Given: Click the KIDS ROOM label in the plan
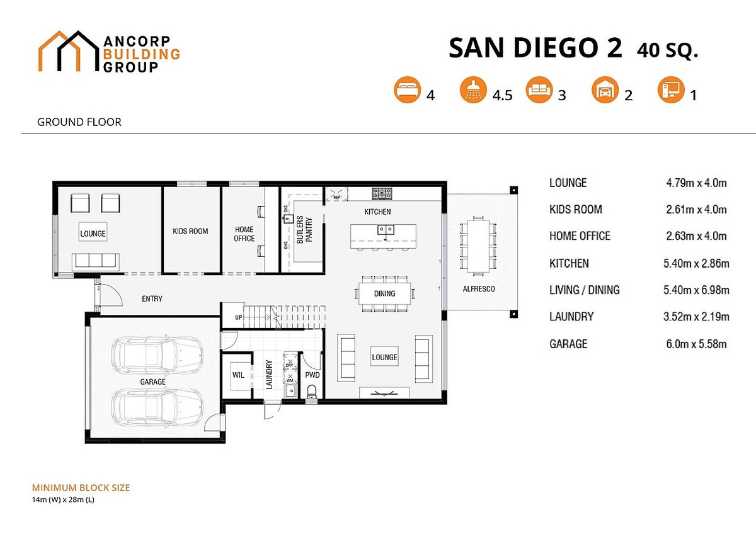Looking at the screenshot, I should click(x=190, y=231).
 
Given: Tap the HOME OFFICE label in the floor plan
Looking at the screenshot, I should click(x=244, y=234).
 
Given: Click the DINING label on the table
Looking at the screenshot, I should click(x=384, y=293).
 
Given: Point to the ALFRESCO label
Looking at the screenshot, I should click(x=479, y=288).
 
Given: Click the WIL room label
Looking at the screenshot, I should click(x=238, y=375).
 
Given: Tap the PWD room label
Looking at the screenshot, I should click(x=312, y=375).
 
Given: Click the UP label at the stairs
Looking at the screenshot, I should click(x=238, y=317).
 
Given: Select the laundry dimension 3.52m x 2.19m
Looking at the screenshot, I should click(x=697, y=317).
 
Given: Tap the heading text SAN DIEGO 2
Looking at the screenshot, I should click(x=535, y=48).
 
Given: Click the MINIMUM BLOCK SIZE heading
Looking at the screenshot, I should click(x=81, y=488).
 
